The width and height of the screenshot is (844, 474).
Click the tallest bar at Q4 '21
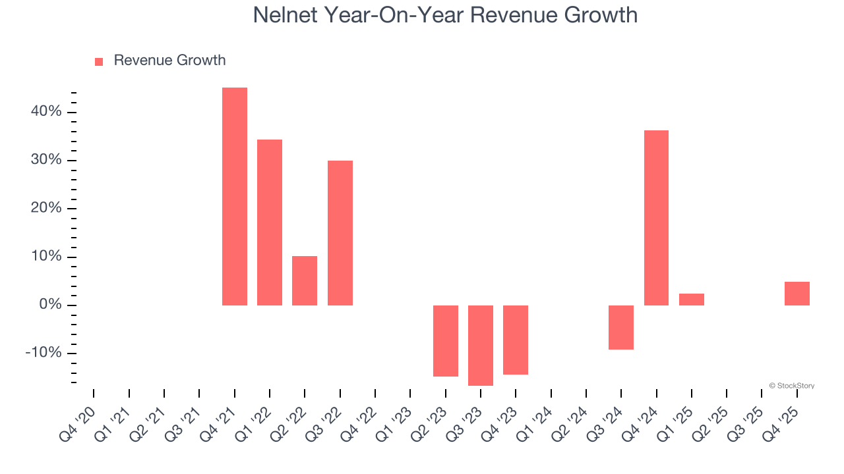(235, 196)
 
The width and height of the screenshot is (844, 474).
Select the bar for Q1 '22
(270, 223)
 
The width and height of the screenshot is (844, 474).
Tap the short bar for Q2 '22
(305, 280)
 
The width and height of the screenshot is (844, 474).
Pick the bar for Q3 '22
(340, 233)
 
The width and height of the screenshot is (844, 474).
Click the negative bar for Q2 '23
(446, 341)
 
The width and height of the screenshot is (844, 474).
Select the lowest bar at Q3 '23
(481, 346)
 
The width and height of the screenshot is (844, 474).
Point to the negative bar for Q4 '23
(516, 340)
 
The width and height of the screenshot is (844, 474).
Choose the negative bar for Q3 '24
(621, 327)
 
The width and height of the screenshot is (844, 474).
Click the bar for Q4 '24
(656, 218)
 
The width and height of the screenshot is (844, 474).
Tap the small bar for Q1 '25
(692, 300)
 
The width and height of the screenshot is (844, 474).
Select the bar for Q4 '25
(797, 294)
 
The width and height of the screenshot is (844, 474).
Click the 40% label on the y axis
(46, 112)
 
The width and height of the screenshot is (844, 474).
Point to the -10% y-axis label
(44, 354)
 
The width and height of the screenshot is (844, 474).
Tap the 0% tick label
(50, 305)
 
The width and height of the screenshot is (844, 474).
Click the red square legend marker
(99, 62)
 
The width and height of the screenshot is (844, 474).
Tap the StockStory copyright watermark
(791, 386)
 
